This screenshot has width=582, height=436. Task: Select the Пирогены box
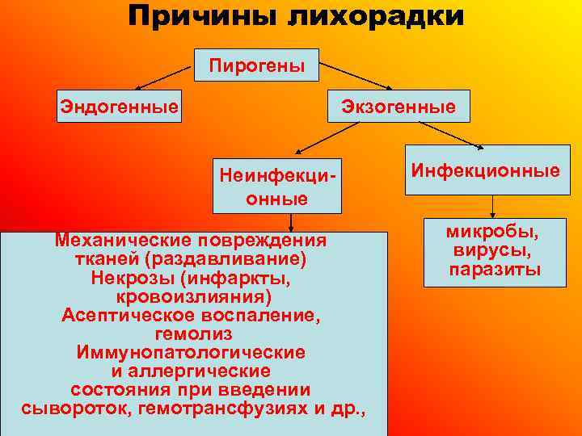coord(257,65)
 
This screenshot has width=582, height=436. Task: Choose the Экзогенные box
coord(399,106)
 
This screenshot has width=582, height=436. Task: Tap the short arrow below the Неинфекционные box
coord(290,223)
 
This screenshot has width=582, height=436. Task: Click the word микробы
coord(495,233)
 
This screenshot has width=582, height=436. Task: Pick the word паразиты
coord(496,269)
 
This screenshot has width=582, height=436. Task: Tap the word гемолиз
coord(192,333)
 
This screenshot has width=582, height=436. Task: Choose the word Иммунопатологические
coord(191,352)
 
